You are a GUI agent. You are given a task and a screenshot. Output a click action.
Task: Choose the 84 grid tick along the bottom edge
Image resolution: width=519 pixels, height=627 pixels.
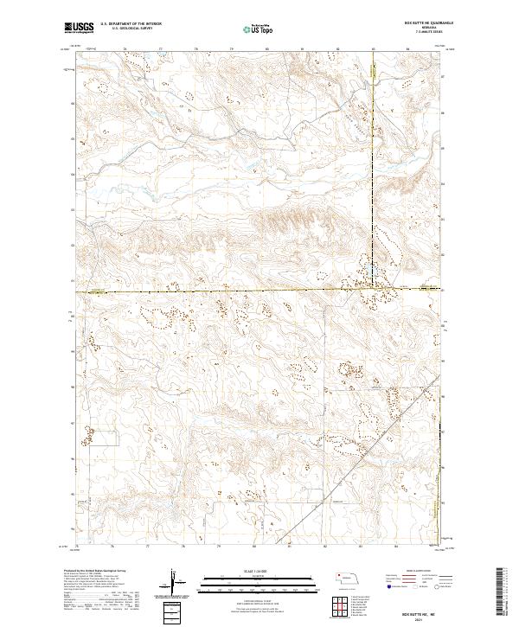(394, 547)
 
